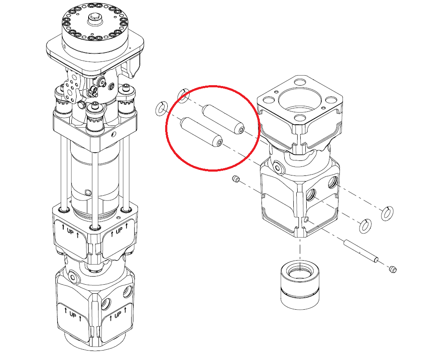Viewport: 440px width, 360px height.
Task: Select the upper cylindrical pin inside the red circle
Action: click(223, 119)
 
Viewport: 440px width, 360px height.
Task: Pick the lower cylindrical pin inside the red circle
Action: click(201, 132)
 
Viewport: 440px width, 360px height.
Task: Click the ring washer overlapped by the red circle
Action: click(183, 95)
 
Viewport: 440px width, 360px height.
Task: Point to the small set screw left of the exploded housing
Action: click(236, 179)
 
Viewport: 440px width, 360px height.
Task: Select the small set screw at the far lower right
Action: click(393, 269)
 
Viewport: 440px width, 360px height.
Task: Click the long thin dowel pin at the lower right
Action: click(361, 250)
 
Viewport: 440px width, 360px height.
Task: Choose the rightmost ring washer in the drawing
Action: click(387, 213)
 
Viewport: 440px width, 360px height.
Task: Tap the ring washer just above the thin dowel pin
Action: click(366, 226)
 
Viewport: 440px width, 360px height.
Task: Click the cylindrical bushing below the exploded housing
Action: click(300, 285)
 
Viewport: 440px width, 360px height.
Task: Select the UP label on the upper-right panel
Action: click(119, 230)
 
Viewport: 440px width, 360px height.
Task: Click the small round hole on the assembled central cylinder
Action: click(88, 193)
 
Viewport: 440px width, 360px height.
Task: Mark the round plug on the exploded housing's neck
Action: click(278, 167)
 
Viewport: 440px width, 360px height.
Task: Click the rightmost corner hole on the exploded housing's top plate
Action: click(332, 100)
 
